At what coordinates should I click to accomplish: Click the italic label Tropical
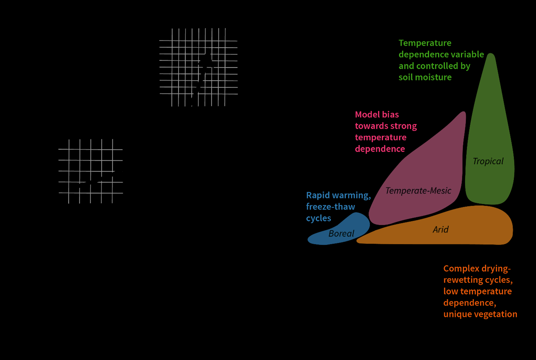click(488, 161)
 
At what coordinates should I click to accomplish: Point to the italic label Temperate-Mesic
click(418, 191)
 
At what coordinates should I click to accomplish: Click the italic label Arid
click(440, 230)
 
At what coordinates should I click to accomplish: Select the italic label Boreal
click(341, 234)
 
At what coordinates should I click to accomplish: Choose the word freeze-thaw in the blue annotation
click(330, 207)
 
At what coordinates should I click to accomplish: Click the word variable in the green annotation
click(467, 54)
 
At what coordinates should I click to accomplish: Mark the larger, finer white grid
click(198, 67)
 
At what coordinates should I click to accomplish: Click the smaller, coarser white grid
click(90, 171)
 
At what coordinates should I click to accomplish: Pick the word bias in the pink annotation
click(390, 115)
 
